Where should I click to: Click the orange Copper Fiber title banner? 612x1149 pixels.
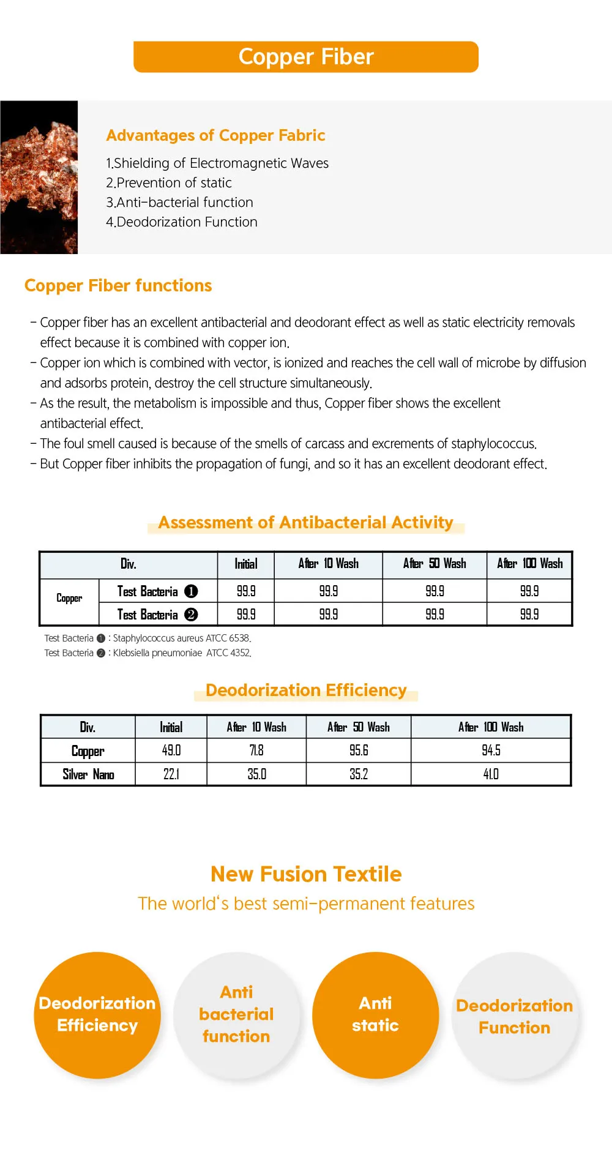point(306,57)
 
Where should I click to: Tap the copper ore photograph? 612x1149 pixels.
point(39,177)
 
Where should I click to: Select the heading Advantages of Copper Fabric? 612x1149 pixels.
point(215,135)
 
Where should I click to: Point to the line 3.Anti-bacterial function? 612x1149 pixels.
point(179,203)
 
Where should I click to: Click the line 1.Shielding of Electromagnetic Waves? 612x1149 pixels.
point(217,163)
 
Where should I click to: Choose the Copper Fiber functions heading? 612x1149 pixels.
point(118,286)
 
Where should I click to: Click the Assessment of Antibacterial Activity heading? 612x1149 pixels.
point(306,523)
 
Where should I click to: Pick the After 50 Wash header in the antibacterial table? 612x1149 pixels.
point(435,564)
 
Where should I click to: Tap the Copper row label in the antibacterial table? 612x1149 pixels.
point(69,599)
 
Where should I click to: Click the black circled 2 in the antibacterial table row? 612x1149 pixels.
point(191,615)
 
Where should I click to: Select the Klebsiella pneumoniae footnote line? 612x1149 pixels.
point(147,653)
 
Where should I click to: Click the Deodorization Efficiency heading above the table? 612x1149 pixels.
point(306,691)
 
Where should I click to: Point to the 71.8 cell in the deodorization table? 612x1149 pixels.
point(256,750)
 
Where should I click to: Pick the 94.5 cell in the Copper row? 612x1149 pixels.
point(491,750)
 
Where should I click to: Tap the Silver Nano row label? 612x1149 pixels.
point(88,774)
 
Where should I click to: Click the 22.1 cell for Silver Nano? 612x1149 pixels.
point(171,774)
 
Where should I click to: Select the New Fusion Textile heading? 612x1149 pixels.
point(306,874)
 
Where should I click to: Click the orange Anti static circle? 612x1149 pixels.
point(375,1015)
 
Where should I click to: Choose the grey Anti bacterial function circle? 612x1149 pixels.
point(236,1015)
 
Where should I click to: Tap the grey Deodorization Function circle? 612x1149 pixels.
point(515,1016)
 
